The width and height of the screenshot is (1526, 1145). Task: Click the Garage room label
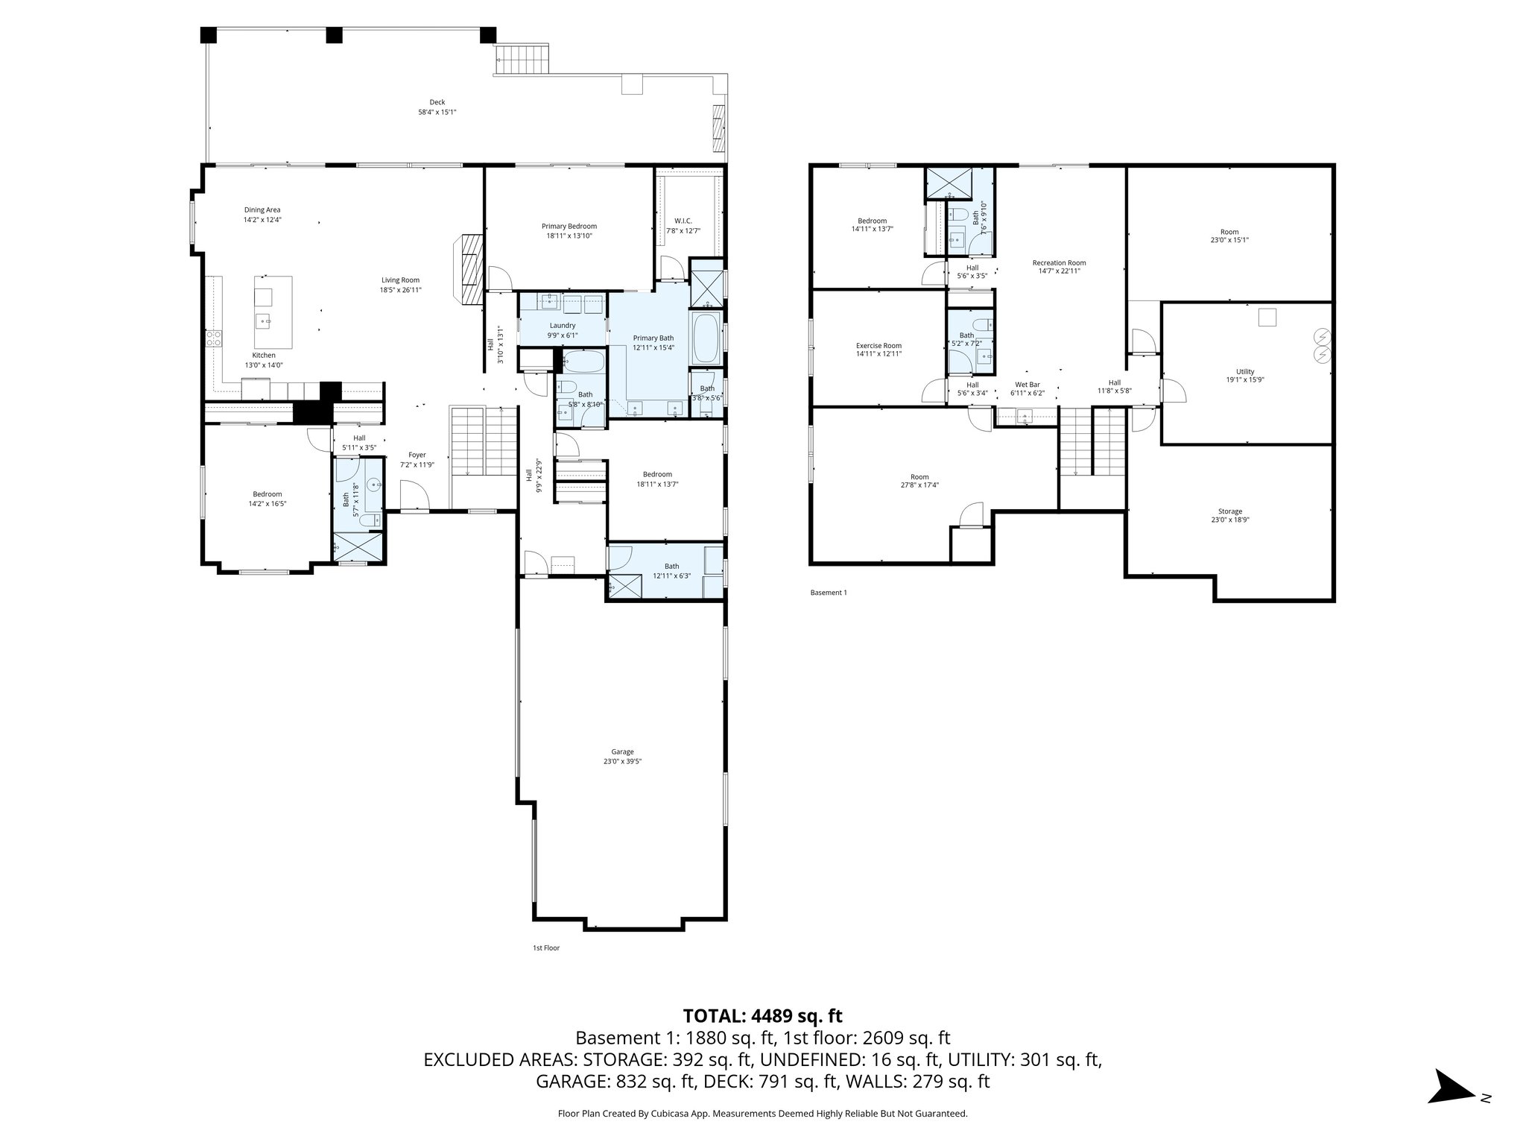(x=622, y=752)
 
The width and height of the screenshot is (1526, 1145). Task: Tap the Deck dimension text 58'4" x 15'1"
(x=437, y=113)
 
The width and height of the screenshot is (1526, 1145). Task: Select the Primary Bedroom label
(x=569, y=226)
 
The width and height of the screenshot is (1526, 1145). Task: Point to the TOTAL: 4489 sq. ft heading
(x=762, y=1015)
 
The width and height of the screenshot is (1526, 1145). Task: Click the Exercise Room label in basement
(x=878, y=346)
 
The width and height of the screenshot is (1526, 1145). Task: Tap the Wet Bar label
(x=1027, y=385)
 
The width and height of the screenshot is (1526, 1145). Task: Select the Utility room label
(x=1245, y=371)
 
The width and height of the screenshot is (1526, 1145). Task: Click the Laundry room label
(x=563, y=326)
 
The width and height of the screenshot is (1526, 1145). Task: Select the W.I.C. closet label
(x=683, y=221)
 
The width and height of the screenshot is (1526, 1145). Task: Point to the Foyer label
(x=417, y=455)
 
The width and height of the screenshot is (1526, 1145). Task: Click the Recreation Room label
(x=1059, y=262)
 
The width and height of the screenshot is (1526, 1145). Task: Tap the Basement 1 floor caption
(x=828, y=593)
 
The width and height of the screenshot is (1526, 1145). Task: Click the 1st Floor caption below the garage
(x=545, y=948)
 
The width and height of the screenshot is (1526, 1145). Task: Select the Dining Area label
(x=262, y=210)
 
